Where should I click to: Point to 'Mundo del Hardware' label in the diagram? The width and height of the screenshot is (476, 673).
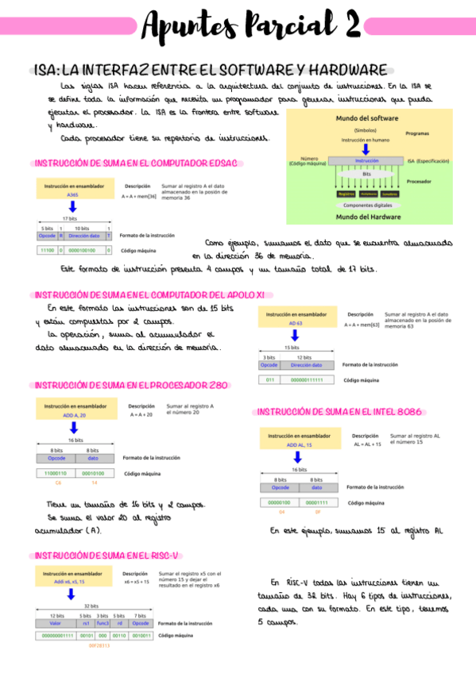point(368,216)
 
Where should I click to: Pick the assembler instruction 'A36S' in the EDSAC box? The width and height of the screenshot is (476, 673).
point(72,194)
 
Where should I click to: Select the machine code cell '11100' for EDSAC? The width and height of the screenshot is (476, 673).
point(47,250)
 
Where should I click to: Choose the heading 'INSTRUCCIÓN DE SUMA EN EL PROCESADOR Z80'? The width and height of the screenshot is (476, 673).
point(132,385)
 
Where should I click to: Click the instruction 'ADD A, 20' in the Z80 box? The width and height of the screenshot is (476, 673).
point(74,415)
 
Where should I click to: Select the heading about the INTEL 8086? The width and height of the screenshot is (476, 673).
point(339,412)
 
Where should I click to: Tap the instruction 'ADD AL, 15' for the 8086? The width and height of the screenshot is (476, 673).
point(299,445)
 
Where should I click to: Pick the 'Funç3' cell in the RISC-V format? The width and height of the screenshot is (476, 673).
point(103,623)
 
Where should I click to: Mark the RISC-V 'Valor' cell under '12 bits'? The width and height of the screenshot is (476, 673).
point(56,623)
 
